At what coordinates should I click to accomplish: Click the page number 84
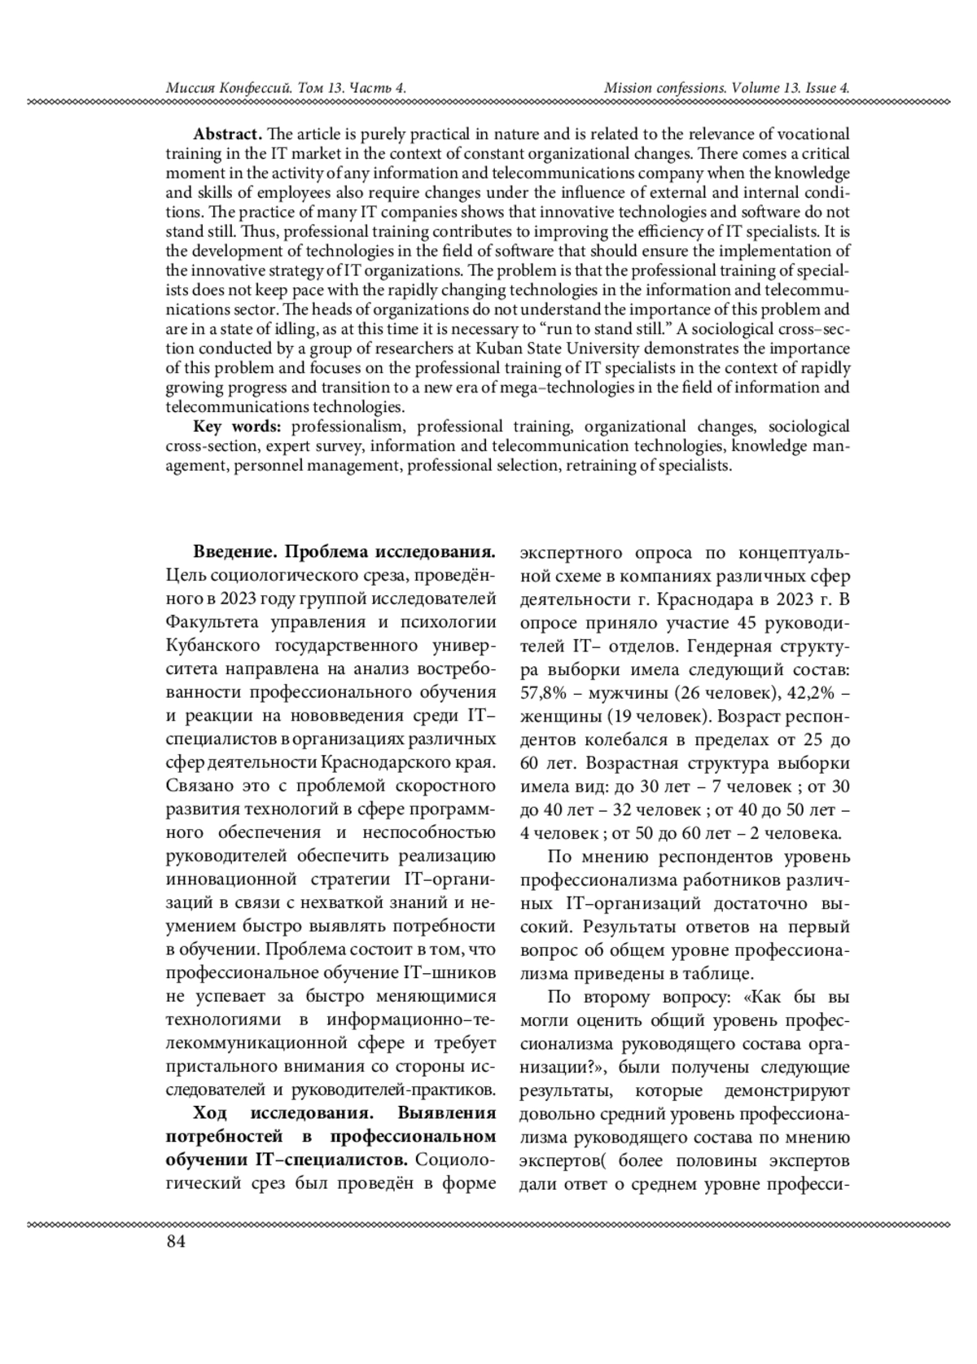[x=175, y=1242]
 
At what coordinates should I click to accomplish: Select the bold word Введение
[x=234, y=553]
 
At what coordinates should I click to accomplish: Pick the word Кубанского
[x=213, y=647]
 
